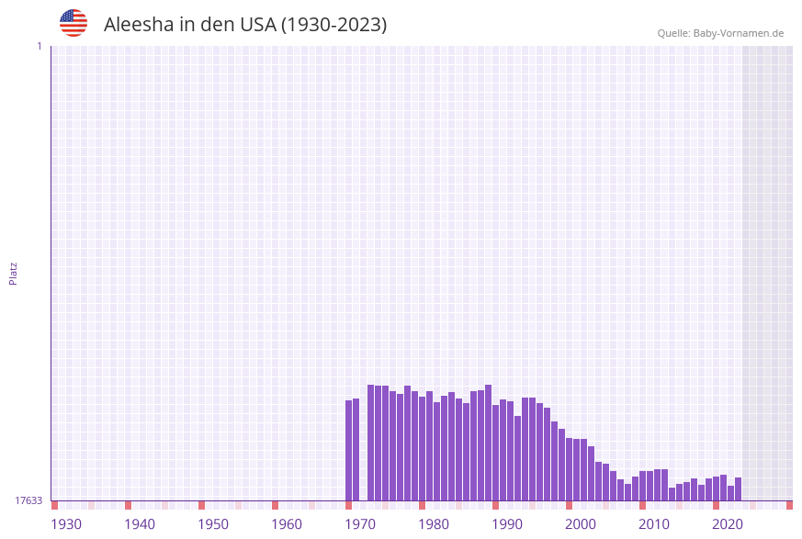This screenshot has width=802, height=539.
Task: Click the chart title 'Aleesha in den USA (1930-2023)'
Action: click(245, 25)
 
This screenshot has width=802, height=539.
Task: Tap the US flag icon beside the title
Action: click(73, 23)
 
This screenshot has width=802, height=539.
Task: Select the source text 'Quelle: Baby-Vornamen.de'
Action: click(720, 33)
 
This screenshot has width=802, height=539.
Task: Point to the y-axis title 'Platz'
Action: click(14, 273)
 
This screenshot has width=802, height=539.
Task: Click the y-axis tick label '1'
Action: click(39, 46)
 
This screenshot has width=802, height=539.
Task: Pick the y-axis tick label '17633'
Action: click(28, 500)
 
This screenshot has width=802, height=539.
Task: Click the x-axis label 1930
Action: click(66, 524)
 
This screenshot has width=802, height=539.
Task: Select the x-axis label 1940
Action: click(140, 524)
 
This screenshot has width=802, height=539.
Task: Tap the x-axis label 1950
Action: click(213, 524)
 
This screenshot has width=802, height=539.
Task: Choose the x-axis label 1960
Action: click(287, 524)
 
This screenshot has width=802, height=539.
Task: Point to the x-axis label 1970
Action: click(360, 524)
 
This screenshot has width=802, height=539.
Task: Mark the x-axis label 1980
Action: click(434, 524)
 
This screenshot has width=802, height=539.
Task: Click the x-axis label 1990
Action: click(507, 524)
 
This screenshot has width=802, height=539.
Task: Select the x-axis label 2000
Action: click(581, 524)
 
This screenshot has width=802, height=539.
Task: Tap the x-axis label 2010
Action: click(654, 524)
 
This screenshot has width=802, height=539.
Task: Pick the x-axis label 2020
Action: click(728, 524)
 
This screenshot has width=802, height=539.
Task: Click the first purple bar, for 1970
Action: click(349, 450)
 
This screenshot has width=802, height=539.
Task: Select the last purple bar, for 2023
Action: click(738, 488)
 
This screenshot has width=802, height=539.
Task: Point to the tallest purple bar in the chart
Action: click(489, 443)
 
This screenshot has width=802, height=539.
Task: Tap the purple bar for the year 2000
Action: click(570, 469)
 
